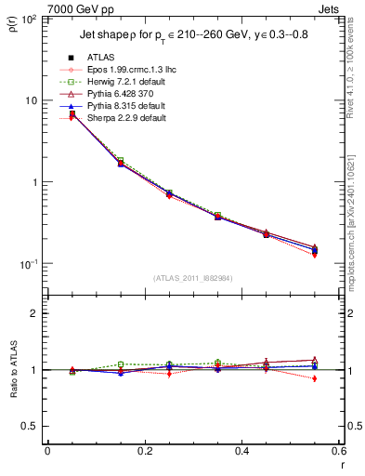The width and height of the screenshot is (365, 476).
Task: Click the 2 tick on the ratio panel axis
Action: click(x=34, y=313)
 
